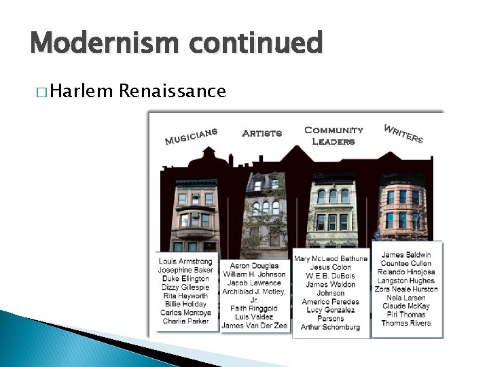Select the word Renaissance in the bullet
[x=173, y=90]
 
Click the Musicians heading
[x=191, y=136]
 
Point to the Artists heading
[x=261, y=133]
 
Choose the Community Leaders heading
[x=333, y=135]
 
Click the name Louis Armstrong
[x=185, y=261]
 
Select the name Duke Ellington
[x=185, y=279]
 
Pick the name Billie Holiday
[x=185, y=304]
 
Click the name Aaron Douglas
[x=254, y=266]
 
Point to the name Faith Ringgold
[x=254, y=308]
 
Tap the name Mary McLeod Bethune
[x=331, y=259]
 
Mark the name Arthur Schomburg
[x=331, y=327]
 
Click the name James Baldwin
[x=407, y=255]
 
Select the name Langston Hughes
[x=407, y=280]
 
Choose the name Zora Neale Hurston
[x=407, y=289]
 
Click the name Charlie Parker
[x=185, y=321]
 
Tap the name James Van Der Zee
[x=254, y=326]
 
